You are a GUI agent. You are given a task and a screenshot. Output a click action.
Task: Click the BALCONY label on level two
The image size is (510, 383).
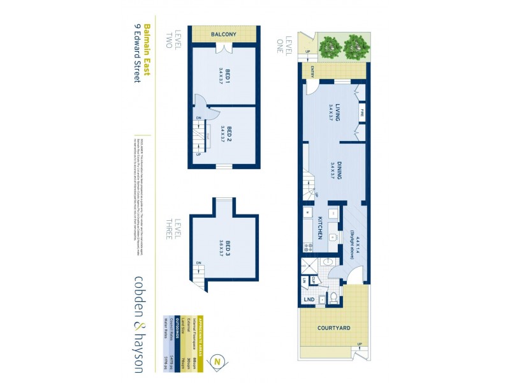tap(224, 34)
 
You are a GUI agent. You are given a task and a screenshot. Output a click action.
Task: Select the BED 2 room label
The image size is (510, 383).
tap(224, 135)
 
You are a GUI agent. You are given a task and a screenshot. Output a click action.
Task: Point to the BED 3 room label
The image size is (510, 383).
tap(224, 246)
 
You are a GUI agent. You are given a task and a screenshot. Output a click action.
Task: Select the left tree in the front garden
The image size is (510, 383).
tap(330, 45)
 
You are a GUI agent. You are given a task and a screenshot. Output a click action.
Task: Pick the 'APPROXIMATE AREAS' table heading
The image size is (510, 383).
tap(200, 331)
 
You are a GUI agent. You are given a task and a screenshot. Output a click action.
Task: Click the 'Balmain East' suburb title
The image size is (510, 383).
tap(146, 50)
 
